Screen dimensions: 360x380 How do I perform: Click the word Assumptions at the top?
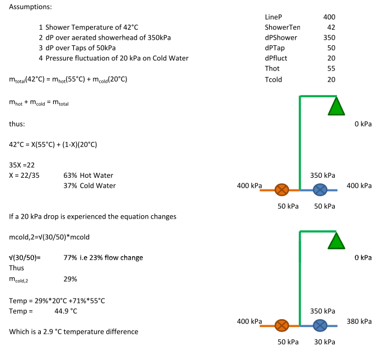29,6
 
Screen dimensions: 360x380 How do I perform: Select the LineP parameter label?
274,17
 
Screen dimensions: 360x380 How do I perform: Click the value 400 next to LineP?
329,17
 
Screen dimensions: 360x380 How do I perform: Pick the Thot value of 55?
331,68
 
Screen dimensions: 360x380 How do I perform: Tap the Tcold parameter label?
274,79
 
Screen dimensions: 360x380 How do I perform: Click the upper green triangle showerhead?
336,106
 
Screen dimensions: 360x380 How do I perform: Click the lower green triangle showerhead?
336,241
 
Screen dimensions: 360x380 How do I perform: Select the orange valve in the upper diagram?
282,190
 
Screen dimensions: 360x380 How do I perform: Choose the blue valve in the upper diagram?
320,190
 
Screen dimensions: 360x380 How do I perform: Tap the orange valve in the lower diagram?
282,325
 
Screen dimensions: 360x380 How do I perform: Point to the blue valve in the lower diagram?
320,325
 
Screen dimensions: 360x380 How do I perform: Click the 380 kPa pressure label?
359,321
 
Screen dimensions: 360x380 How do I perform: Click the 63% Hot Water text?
88,176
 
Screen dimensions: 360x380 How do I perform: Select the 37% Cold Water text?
90,186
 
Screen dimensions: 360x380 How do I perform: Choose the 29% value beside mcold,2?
70,278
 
